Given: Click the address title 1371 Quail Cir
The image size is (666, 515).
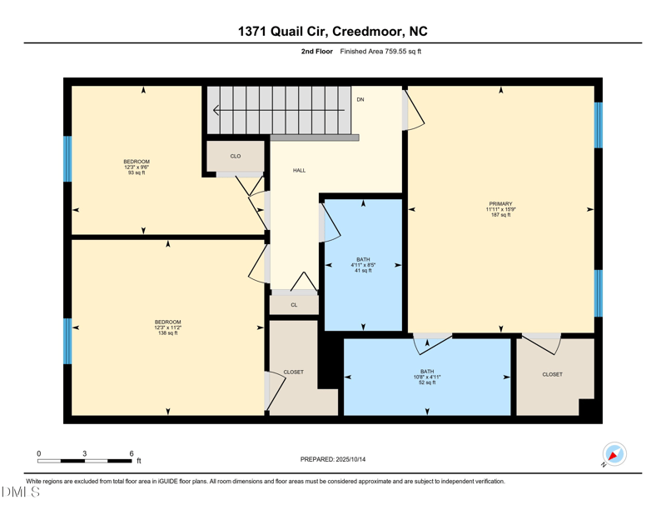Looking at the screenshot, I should [333, 32].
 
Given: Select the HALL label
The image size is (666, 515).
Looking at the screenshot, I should [299, 170].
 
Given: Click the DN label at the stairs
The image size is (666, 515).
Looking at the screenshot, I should [360, 99].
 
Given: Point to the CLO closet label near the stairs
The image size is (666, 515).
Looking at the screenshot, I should [236, 156].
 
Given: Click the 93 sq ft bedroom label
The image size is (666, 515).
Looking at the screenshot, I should [137, 167].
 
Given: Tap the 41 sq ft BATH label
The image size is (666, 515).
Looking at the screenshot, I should [363, 264].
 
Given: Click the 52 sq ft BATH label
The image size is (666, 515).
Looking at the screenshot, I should [427, 377].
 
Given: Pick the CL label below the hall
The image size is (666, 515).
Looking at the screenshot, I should [294, 305].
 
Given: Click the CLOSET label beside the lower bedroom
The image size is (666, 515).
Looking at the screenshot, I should [293, 372].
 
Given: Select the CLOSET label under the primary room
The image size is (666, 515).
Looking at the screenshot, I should [552, 374].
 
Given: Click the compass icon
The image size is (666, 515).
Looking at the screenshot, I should [614, 454].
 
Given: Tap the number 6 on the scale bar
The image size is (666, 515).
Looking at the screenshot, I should [132, 453].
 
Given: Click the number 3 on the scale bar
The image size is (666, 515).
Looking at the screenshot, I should [85, 453].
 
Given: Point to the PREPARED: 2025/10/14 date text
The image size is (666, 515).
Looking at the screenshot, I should [333, 459].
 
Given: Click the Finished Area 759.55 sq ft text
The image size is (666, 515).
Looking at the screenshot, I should [380, 52].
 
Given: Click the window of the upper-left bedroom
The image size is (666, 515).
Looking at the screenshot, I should [67, 158].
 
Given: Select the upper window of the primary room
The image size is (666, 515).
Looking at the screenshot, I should [598, 125].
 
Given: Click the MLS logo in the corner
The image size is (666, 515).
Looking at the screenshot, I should [21, 492].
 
